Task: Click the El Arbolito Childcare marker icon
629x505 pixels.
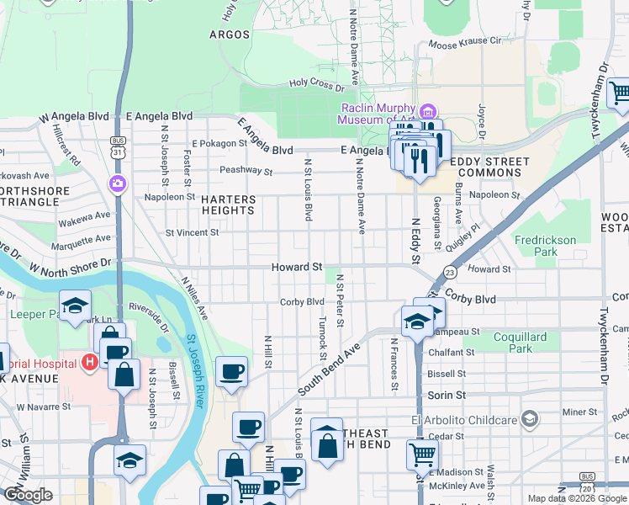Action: (529, 417)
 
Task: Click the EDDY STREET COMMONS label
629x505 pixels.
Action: (489, 167)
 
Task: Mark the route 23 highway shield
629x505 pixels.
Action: (451, 272)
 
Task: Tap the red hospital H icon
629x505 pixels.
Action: (89, 362)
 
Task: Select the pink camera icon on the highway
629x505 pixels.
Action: (117, 183)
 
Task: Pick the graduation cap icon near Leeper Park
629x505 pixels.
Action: (74, 305)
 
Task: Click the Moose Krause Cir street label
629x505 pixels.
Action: (464, 41)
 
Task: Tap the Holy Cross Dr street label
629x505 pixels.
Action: (317, 85)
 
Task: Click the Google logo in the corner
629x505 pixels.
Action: (28, 495)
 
